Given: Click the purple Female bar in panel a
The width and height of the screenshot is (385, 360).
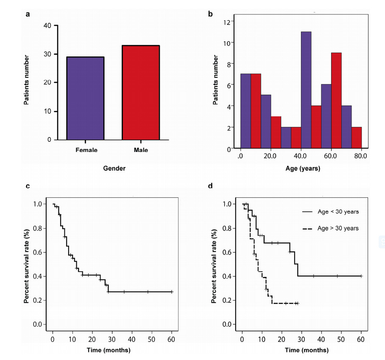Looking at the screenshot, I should (x=85, y=98).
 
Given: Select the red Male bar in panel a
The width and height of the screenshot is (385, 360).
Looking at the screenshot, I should (x=140, y=93).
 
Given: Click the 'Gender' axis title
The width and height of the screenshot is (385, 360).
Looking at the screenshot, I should (x=114, y=169).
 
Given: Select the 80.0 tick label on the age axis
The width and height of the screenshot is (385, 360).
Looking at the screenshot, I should (x=361, y=156).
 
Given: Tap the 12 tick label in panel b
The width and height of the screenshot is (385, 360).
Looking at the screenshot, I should (x=227, y=22).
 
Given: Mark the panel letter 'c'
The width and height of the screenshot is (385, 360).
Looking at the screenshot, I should (x=28, y=186).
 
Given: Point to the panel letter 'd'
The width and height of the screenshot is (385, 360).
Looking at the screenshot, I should (x=210, y=186).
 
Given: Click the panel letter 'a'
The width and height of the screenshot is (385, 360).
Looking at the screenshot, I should (x=28, y=14).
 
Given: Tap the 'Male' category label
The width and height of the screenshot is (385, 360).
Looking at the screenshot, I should (x=140, y=150).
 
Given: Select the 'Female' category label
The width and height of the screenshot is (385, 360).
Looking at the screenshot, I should (x=86, y=150).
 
